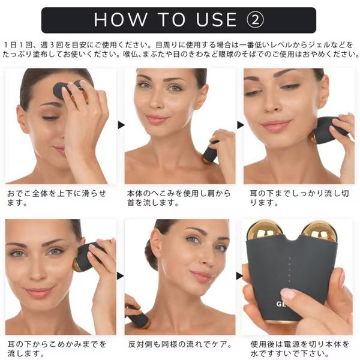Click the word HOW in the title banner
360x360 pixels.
coord(121,20)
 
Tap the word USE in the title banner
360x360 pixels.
coord(216,20)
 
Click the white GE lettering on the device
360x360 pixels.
coord(281,304)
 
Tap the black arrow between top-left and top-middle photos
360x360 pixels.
coord(121,125)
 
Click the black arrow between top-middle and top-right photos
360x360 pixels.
coord(241,125)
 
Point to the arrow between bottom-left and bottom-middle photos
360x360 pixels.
coord(121,276)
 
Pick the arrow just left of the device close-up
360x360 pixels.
coord(239,276)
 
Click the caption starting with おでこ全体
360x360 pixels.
coord(56,198)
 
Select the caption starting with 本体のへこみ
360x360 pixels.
coord(179,198)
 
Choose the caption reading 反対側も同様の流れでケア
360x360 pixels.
coord(180,344)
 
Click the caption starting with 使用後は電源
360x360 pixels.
coord(300,349)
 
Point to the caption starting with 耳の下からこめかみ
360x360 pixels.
coord(57,349)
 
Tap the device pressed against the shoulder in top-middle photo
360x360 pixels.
coord(209,152)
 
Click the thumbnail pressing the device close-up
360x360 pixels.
coord(290,293)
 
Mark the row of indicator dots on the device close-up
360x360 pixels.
coord(289,269)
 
